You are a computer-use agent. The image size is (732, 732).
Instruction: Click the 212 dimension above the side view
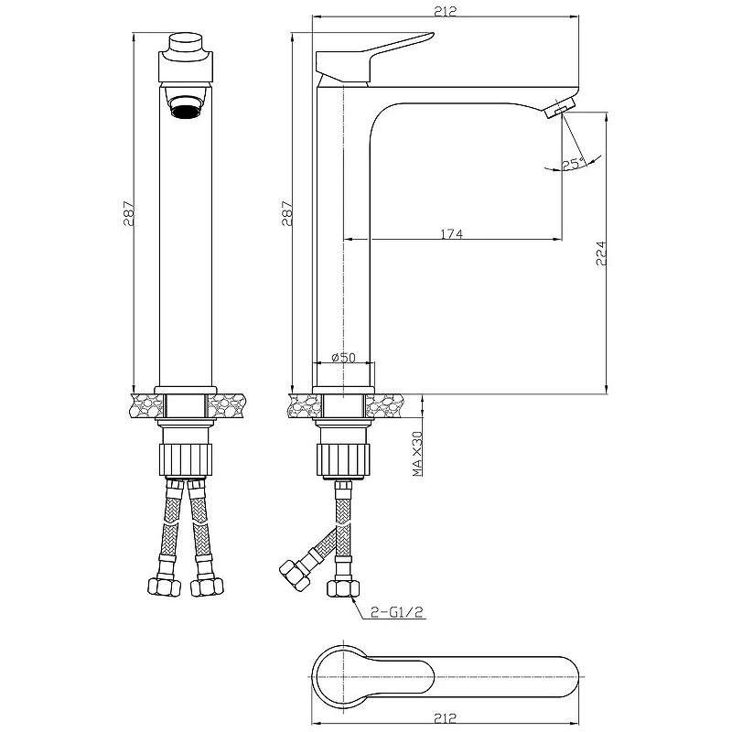[445, 11]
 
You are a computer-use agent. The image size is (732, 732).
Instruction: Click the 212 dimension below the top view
[445, 717]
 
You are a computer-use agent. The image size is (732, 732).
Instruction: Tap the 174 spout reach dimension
[452, 233]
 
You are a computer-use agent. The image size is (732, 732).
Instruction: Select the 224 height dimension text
[601, 253]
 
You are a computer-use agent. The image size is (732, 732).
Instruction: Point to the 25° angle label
[573, 164]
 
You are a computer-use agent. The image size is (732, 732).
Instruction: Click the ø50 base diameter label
[344, 358]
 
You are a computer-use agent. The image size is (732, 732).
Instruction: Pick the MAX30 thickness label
[417, 453]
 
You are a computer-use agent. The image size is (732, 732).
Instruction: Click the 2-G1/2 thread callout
[396, 611]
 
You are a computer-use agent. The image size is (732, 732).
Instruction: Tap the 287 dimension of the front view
[128, 214]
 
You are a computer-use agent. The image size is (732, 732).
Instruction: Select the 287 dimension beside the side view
[286, 214]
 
